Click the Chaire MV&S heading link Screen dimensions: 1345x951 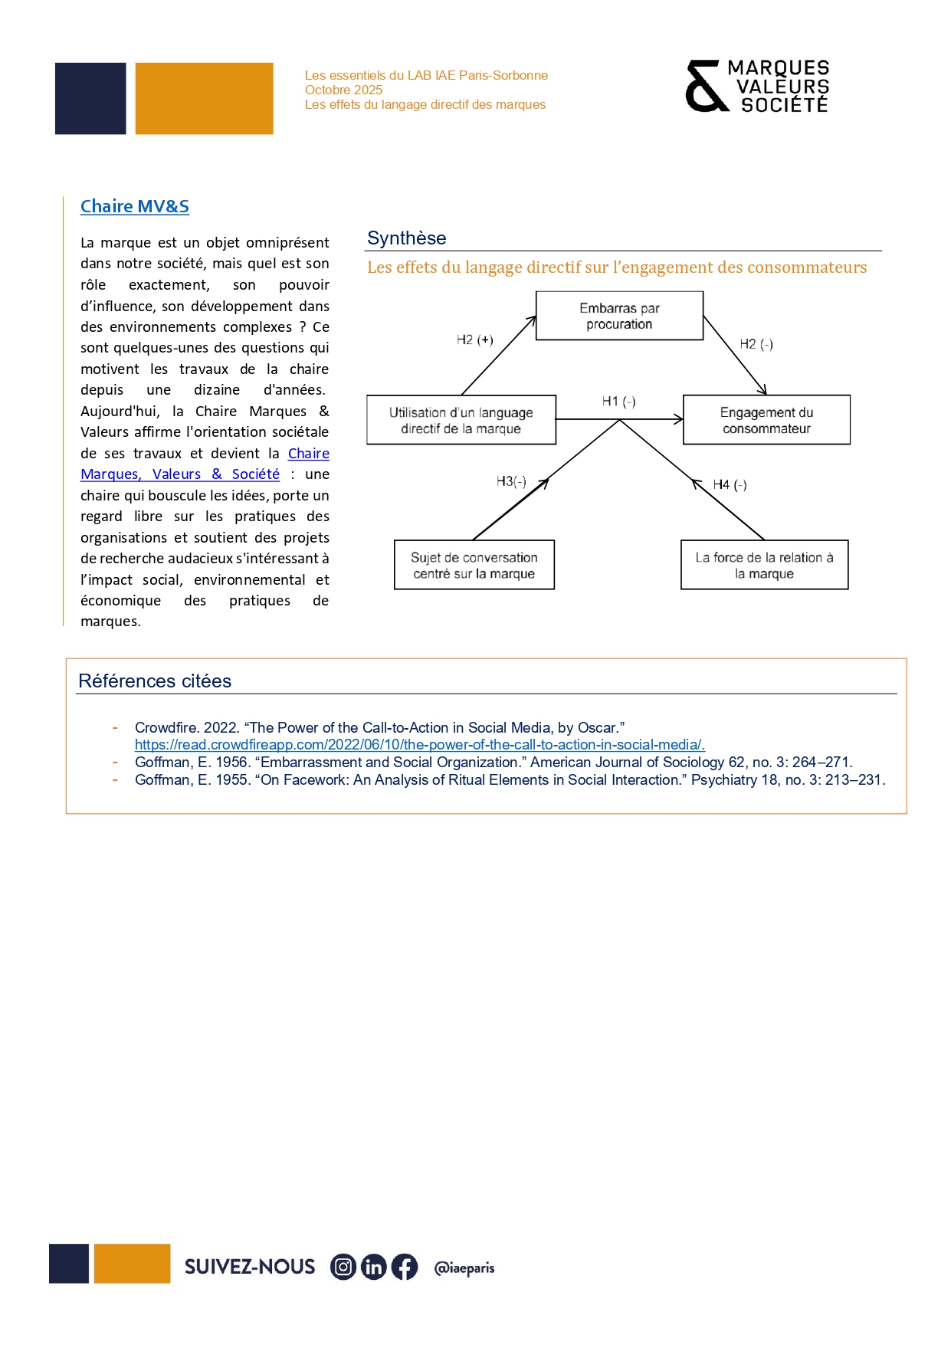(135, 206)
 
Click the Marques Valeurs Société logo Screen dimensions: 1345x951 (757, 87)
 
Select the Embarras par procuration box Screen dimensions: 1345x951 (619, 316)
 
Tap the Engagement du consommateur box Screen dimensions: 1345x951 (766, 420)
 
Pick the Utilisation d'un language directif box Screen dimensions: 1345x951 (461, 420)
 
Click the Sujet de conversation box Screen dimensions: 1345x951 (474, 565)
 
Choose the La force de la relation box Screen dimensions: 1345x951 (764, 565)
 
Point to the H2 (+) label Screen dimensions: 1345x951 (474, 340)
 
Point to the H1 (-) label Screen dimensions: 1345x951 (618, 402)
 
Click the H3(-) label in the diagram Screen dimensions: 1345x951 (511, 481)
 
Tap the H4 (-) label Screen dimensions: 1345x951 (730, 484)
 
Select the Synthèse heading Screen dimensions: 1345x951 (406, 238)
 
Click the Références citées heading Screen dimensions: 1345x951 (155, 681)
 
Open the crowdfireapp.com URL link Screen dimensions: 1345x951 (419, 745)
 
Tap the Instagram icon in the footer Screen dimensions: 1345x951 (343, 1267)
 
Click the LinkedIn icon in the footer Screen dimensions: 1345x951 (374, 1267)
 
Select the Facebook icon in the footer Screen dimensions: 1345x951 (405, 1267)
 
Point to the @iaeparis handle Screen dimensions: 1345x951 (464, 1268)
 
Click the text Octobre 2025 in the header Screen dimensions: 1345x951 (343, 90)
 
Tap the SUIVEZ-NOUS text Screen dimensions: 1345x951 (250, 1267)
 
